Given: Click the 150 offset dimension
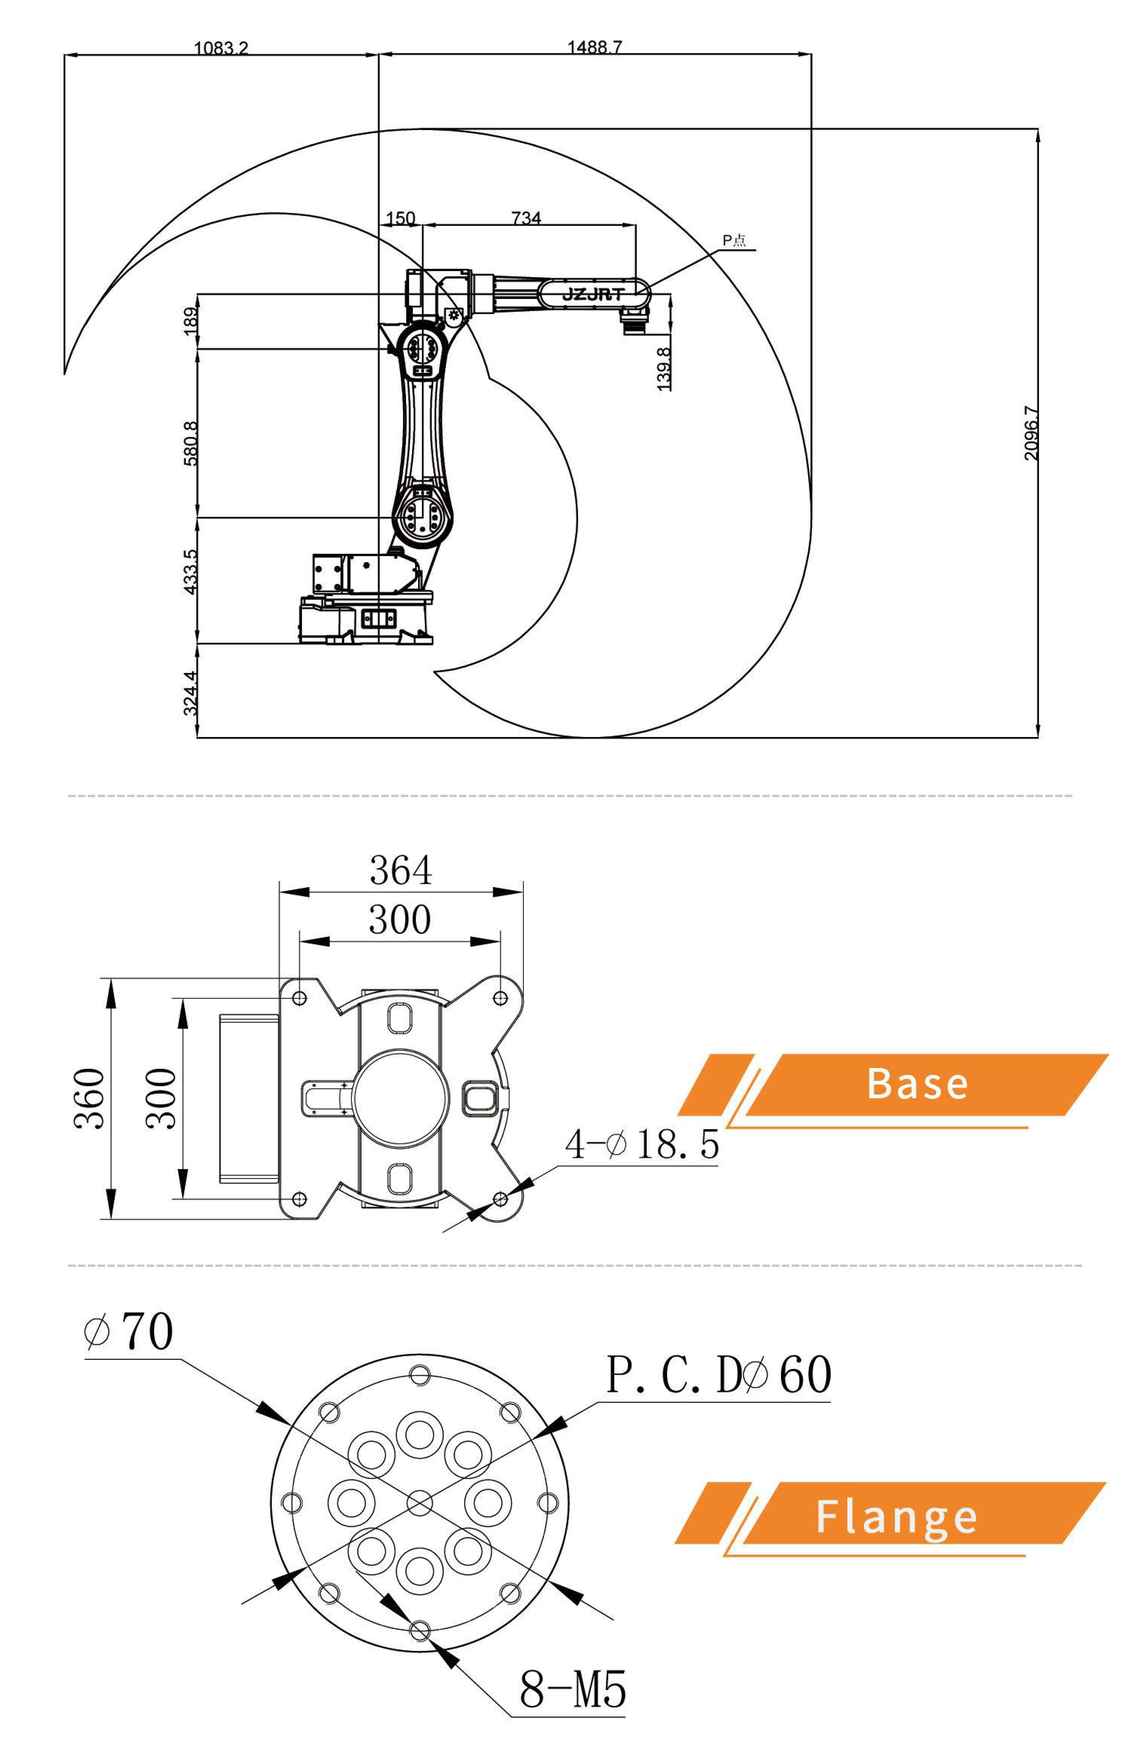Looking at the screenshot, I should pyautogui.click(x=400, y=218).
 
